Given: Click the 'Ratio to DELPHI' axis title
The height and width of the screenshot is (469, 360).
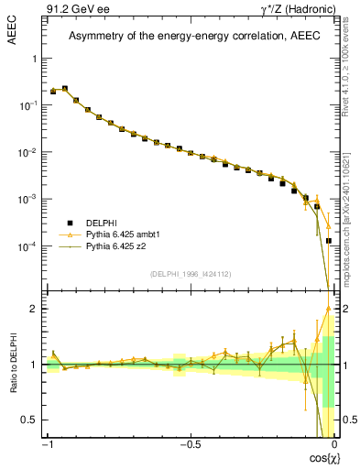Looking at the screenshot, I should [12, 363].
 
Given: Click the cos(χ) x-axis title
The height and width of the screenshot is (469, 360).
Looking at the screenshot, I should [320, 458].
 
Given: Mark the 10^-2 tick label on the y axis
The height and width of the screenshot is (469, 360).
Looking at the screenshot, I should [26, 152].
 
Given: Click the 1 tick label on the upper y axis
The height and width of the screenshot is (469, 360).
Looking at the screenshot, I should [33, 58].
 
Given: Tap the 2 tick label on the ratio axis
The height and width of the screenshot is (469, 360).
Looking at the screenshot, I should [33, 309].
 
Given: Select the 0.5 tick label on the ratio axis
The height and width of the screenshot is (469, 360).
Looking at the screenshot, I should [29, 420].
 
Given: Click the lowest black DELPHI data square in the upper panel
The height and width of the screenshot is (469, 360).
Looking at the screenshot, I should [329, 241].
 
